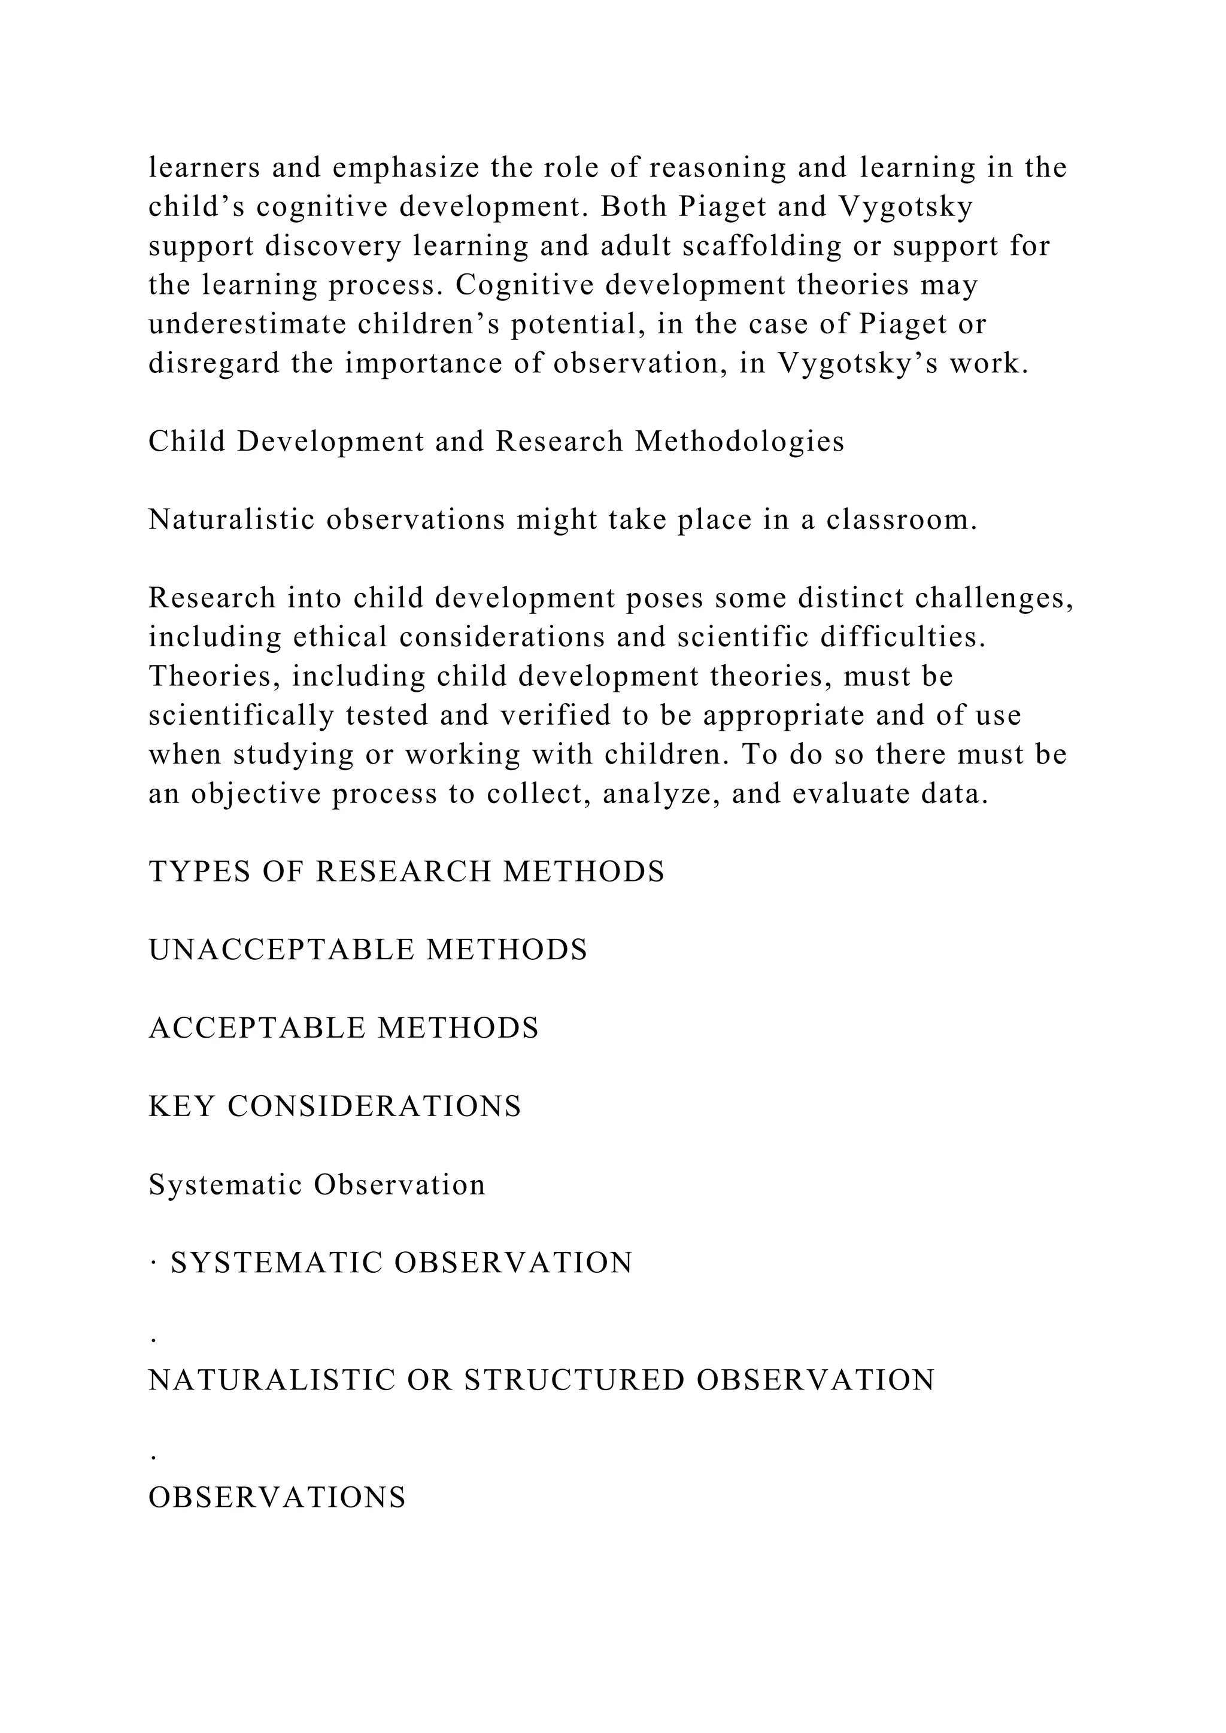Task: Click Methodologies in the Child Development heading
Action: pos(740,442)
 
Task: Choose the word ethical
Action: pos(339,638)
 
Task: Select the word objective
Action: pos(256,795)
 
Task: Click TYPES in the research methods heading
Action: pos(200,872)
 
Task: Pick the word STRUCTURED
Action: pos(573,1381)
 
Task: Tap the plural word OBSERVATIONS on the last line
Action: pos(277,1498)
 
